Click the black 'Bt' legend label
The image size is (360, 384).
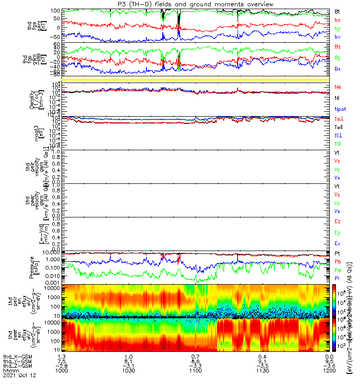click(338, 11)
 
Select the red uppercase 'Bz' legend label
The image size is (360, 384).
click(338, 47)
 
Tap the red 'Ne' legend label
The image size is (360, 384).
click(338, 87)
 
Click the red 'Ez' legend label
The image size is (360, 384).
click(338, 222)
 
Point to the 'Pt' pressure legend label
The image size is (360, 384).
click(338, 253)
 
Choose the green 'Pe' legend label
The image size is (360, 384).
click(338, 270)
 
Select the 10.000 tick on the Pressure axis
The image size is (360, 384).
click(51, 252)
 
